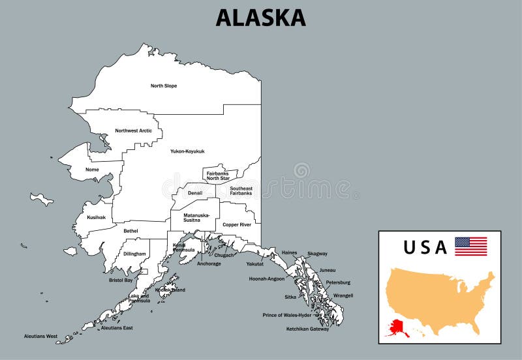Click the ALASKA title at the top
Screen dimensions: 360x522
point(260,18)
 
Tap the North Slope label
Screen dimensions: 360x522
point(164,86)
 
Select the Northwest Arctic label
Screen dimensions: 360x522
point(134,130)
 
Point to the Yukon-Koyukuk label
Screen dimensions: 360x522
point(187,151)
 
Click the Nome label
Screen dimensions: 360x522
point(92,170)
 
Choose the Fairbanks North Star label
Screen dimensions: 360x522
point(218,175)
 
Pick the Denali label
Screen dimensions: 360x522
point(195,193)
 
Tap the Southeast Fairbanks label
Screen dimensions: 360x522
point(241,190)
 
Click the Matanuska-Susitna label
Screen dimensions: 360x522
point(196,218)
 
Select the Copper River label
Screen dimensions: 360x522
point(236,224)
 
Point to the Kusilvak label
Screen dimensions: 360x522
point(97,217)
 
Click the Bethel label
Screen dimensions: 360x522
point(130,231)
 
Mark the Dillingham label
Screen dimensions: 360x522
point(134,254)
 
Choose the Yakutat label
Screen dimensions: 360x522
point(255,264)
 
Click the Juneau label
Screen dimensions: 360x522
point(328,270)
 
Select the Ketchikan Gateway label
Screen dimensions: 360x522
point(307,329)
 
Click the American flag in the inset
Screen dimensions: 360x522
point(470,246)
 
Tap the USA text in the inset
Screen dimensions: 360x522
point(425,247)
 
